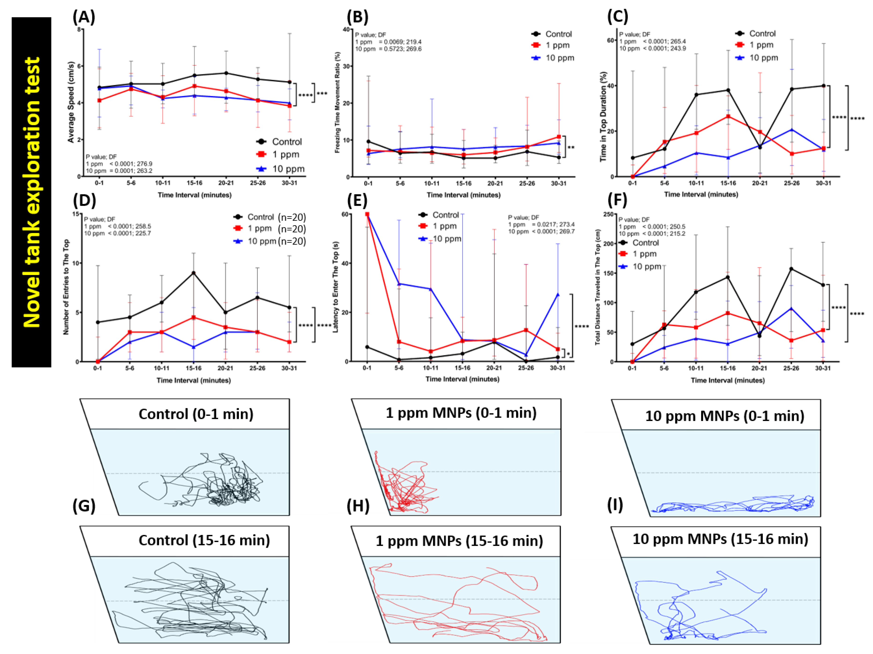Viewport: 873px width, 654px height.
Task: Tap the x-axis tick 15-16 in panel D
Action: pos(193,368)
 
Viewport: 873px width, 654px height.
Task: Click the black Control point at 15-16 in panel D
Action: pos(193,273)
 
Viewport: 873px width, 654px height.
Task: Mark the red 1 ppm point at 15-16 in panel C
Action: pos(728,116)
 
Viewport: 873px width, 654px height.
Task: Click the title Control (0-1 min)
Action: pos(196,414)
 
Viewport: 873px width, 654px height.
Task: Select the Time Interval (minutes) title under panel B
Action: pos(463,195)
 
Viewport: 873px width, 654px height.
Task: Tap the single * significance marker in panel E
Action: pos(568,354)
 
